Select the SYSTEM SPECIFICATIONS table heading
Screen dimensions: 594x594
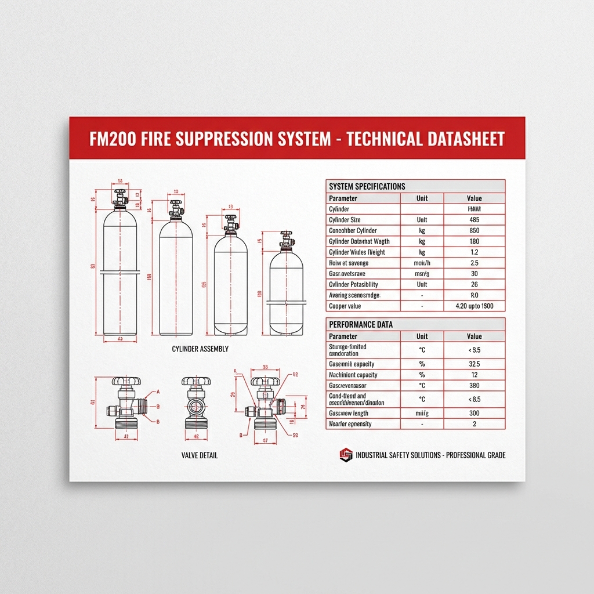[x=367, y=186]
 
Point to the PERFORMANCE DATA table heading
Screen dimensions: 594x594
[x=360, y=325]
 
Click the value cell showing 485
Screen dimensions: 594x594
[x=474, y=220]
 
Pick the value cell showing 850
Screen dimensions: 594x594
[x=474, y=231]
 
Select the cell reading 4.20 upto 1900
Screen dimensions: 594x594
[x=474, y=306]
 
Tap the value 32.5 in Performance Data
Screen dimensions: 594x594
[x=474, y=364]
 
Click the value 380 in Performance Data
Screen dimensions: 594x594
[x=474, y=386]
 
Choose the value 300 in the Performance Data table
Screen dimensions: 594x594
[x=474, y=414]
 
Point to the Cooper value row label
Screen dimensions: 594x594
[x=345, y=306]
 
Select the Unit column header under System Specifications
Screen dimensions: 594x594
[x=422, y=198]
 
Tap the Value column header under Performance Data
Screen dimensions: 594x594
[x=474, y=336]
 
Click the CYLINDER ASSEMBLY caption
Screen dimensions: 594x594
[x=200, y=349]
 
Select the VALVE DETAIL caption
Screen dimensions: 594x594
[x=200, y=455]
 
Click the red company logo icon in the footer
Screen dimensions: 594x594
[x=346, y=455]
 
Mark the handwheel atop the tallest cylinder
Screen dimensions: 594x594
[x=120, y=192]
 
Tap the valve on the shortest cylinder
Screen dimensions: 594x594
[x=285, y=240]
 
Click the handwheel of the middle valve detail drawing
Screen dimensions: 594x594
[x=192, y=382]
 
